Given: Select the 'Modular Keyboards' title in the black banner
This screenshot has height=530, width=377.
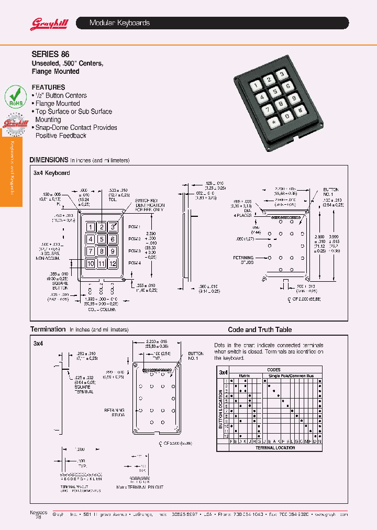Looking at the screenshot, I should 119,23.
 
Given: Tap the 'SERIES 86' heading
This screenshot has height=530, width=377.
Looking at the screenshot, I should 50,54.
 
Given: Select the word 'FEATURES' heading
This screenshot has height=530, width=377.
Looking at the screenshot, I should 48,87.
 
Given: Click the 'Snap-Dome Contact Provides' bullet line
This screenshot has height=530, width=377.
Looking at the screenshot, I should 76,128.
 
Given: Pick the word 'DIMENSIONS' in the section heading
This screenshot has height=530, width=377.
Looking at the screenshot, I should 49,160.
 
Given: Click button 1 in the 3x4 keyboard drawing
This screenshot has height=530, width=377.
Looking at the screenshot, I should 91,227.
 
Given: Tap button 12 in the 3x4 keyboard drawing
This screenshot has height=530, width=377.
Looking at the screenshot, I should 112,263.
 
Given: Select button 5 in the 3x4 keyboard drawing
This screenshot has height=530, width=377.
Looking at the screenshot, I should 102,239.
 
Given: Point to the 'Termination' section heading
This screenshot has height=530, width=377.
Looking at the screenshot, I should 48,329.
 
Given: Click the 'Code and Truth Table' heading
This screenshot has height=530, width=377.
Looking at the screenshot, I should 260,329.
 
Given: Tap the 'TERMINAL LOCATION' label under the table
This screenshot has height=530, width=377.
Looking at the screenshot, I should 275,448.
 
